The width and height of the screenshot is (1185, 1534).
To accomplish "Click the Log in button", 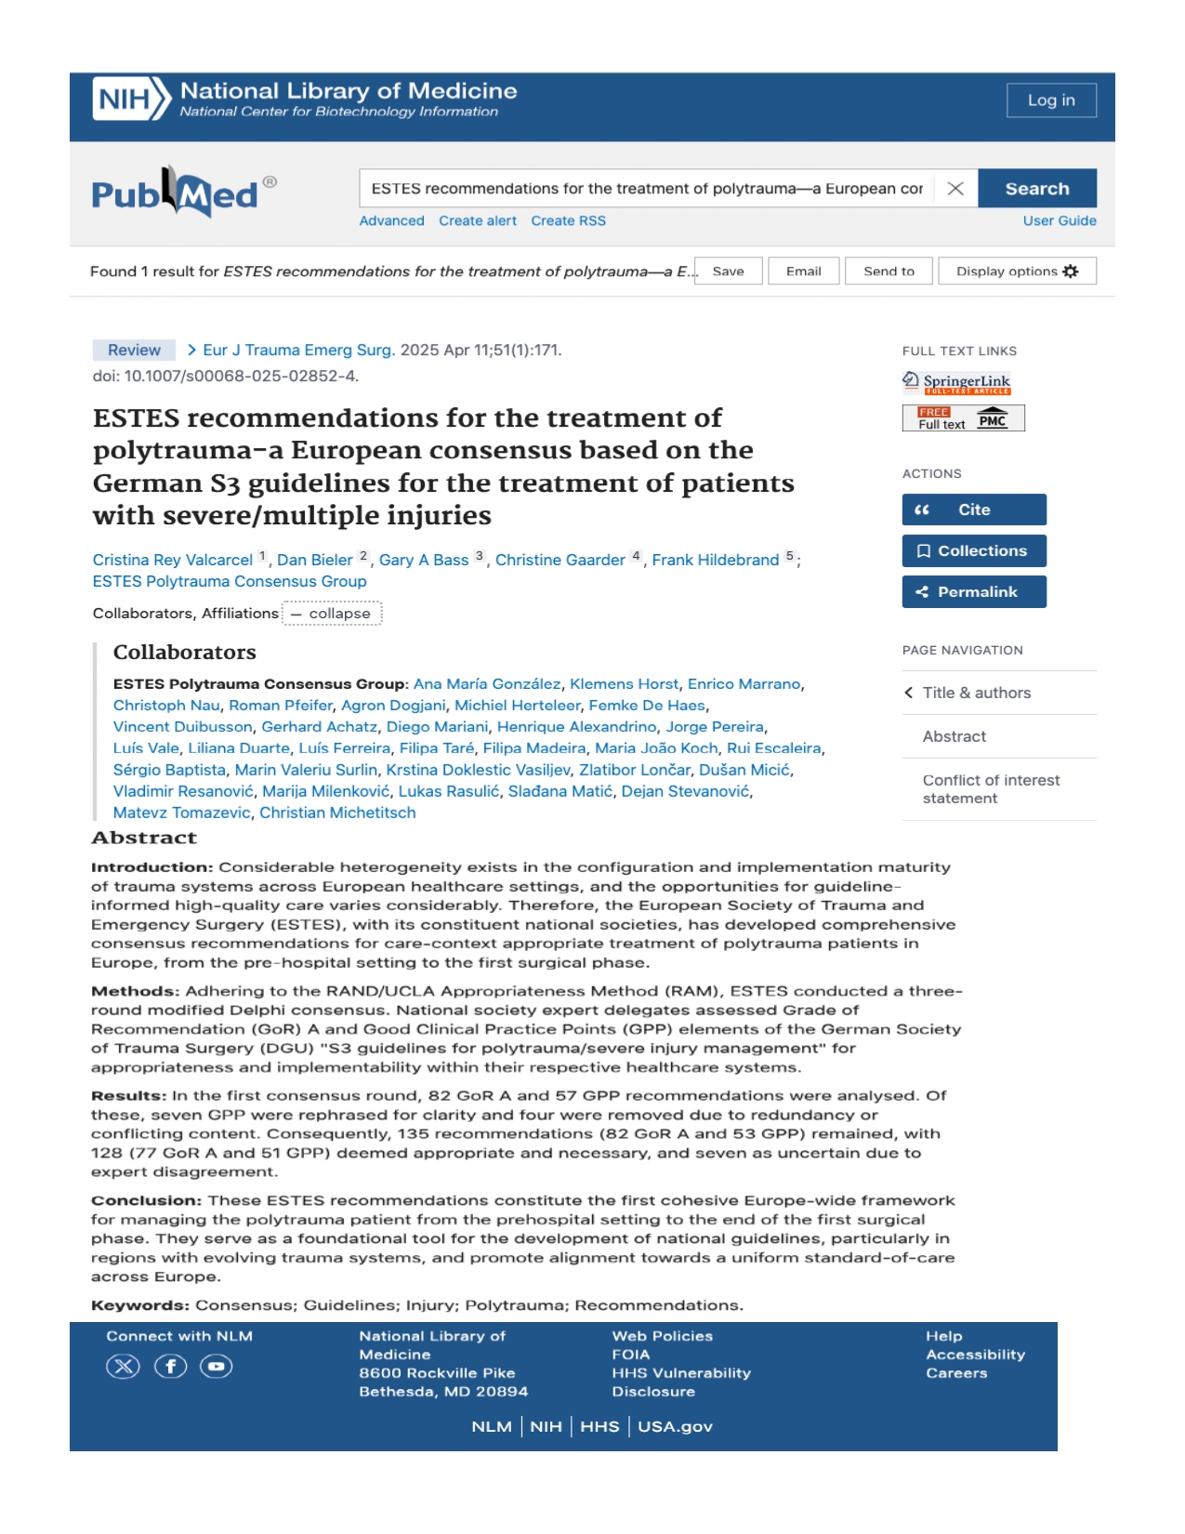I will pyautogui.click(x=1050, y=100).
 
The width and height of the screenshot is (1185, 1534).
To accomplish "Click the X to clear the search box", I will pyautogui.click(x=955, y=189).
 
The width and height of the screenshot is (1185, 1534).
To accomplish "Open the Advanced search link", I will pyautogui.click(x=391, y=221).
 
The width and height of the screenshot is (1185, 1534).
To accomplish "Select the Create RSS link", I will pyautogui.click(x=568, y=221).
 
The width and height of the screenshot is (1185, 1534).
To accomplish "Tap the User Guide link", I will pyautogui.click(x=1059, y=221).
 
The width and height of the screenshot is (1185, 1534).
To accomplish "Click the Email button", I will pyautogui.click(x=803, y=271).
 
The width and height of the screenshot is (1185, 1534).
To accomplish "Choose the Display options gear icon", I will pyautogui.click(x=1071, y=271).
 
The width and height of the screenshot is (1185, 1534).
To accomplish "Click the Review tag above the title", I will pyautogui.click(x=134, y=350).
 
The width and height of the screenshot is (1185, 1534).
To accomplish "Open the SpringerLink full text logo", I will pyautogui.click(x=956, y=382).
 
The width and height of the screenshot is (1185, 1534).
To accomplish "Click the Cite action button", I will pyautogui.click(x=973, y=509).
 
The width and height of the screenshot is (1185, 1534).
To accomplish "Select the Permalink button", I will pyautogui.click(x=973, y=592).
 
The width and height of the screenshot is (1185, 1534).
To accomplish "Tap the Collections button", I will pyautogui.click(x=973, y=551).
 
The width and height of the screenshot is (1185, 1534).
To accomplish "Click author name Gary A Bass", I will pyautogui.click(x=423, y=561).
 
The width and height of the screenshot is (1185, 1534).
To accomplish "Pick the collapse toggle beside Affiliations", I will pyautogui.click(x=332, y=614).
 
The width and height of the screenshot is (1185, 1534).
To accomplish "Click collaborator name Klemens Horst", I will pyautogui.click(x=624, y=684).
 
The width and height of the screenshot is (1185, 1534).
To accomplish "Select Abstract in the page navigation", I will pyautogui.click(x=954, y=736).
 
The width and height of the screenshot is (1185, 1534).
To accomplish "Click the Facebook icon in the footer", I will pyautogui.click(x=170, y=1367).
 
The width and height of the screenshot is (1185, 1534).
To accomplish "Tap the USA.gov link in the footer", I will pyautogui.click(x=675, y=1427).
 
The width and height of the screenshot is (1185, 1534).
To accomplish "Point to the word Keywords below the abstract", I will pyautogui.click(x=139, y=1305).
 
